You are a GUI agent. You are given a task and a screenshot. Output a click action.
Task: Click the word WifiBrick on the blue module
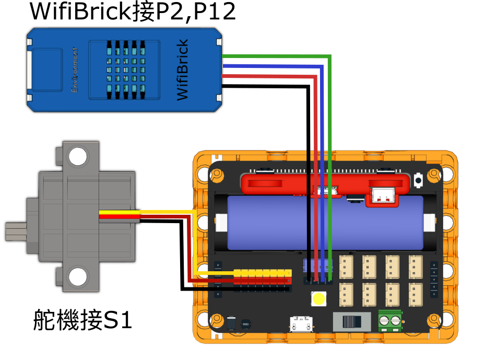click(x=182, y=70)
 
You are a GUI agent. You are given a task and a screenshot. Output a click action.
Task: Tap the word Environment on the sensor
click(x=75, y=70)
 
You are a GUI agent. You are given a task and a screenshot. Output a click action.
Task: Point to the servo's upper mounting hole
click(x=78, y=156)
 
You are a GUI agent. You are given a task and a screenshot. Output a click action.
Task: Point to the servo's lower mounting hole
click(x=78, y=276)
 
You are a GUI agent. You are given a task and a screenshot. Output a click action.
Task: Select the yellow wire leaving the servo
click(x=157, y=212)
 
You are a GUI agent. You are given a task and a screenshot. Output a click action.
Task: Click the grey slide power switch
click(x=351, y=321)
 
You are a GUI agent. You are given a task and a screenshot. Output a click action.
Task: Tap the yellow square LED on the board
click(x=318, y=299)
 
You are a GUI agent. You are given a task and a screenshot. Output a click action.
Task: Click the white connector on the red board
click(x=382, y=196)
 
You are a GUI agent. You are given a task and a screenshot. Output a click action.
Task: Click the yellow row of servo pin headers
click(x=262, y=273)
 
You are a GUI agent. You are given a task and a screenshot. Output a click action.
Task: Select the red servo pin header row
click(x=262, y=281)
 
